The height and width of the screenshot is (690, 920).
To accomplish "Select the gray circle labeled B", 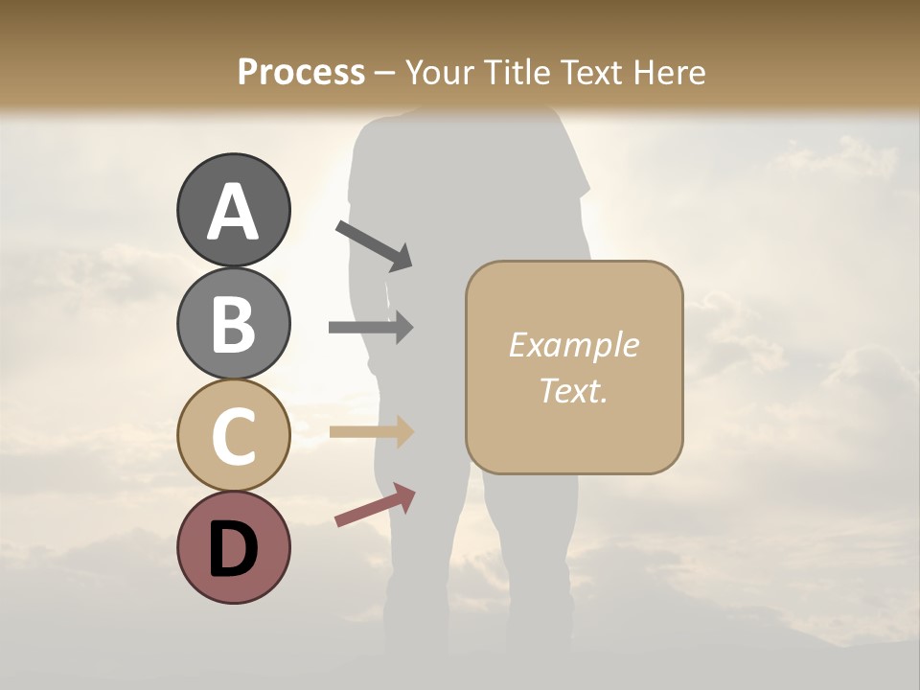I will pos(233,323).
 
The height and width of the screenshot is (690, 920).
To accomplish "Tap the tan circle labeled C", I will pos(233,435).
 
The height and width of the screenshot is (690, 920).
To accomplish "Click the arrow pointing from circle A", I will pos(375,244).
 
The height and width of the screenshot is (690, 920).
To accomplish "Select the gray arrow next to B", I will pos(371,327).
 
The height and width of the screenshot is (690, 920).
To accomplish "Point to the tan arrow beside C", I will pos(371,431).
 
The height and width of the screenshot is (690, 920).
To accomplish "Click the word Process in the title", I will pos(301,73).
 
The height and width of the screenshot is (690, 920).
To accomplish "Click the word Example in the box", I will pos(573,345).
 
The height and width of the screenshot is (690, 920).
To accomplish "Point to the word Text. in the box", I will pos(573,390).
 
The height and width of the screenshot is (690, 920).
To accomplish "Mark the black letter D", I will pos(233,548).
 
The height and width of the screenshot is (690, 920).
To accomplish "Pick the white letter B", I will pos(233,325).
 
